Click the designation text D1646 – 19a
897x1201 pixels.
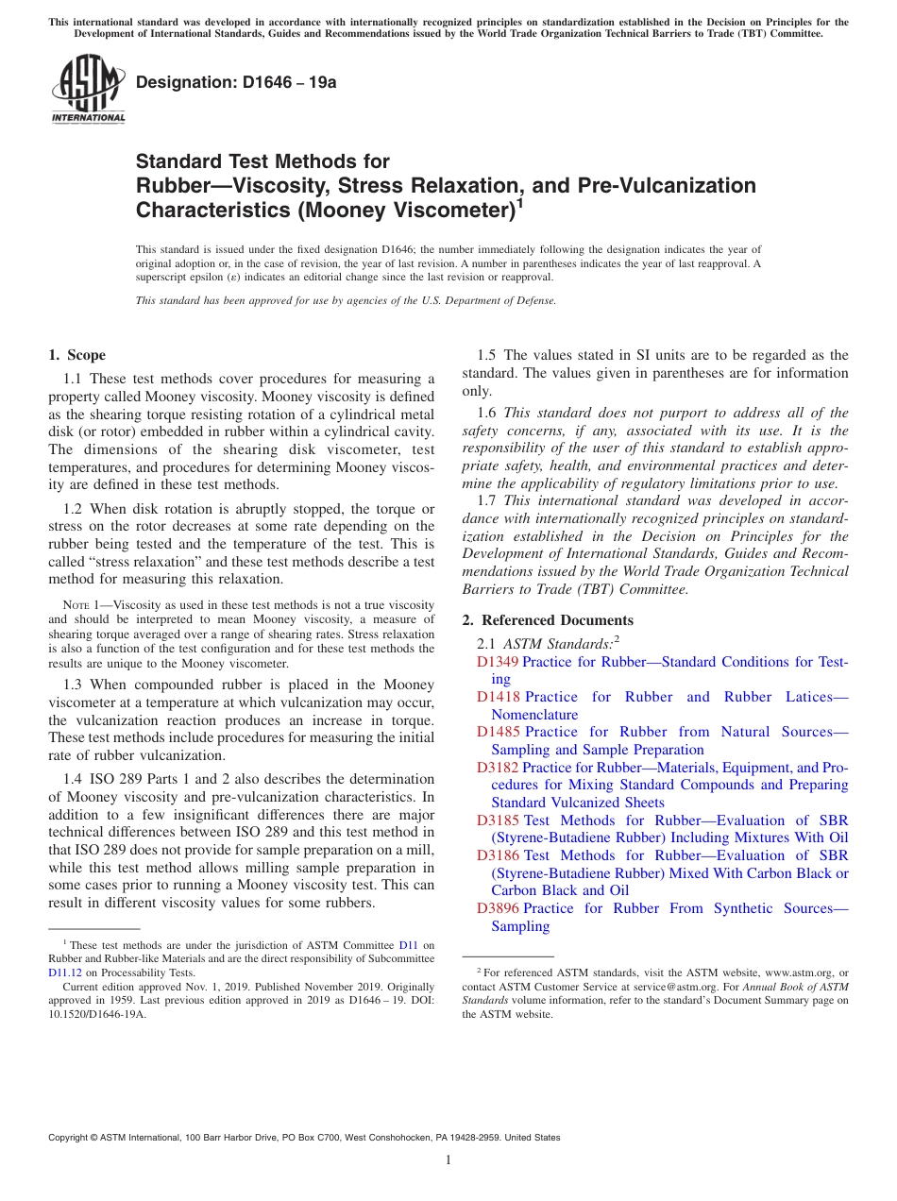pos(236,82)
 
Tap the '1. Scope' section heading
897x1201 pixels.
pos(76,355)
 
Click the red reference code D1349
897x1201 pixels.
pos(498,662)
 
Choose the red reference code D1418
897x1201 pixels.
pos(498,697)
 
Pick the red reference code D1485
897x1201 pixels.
pos(498,732)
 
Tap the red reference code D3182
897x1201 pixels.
pos(498,768)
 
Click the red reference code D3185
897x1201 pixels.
pos(498,820)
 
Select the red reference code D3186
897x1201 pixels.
pos(498,855)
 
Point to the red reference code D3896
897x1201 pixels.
pos(498,908)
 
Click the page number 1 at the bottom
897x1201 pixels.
pos(448,1159)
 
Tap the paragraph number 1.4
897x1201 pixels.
pos(76,779)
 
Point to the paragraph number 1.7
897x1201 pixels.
pos(488,500)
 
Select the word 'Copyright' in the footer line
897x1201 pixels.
pos(71,1138)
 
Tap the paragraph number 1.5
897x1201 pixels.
pos(488,355)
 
